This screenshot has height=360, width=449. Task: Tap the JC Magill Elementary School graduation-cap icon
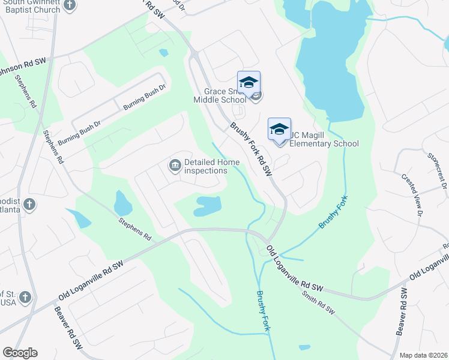279,130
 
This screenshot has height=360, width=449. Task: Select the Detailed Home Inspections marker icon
175,165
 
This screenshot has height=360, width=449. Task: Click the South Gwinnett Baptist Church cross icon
70,6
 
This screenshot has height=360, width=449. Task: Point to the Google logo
20,353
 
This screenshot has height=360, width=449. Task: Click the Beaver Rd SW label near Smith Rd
401,315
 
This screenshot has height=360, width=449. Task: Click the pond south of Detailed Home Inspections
207,205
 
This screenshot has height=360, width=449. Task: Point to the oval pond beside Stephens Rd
122,204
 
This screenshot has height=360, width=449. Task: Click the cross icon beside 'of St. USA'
25,296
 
